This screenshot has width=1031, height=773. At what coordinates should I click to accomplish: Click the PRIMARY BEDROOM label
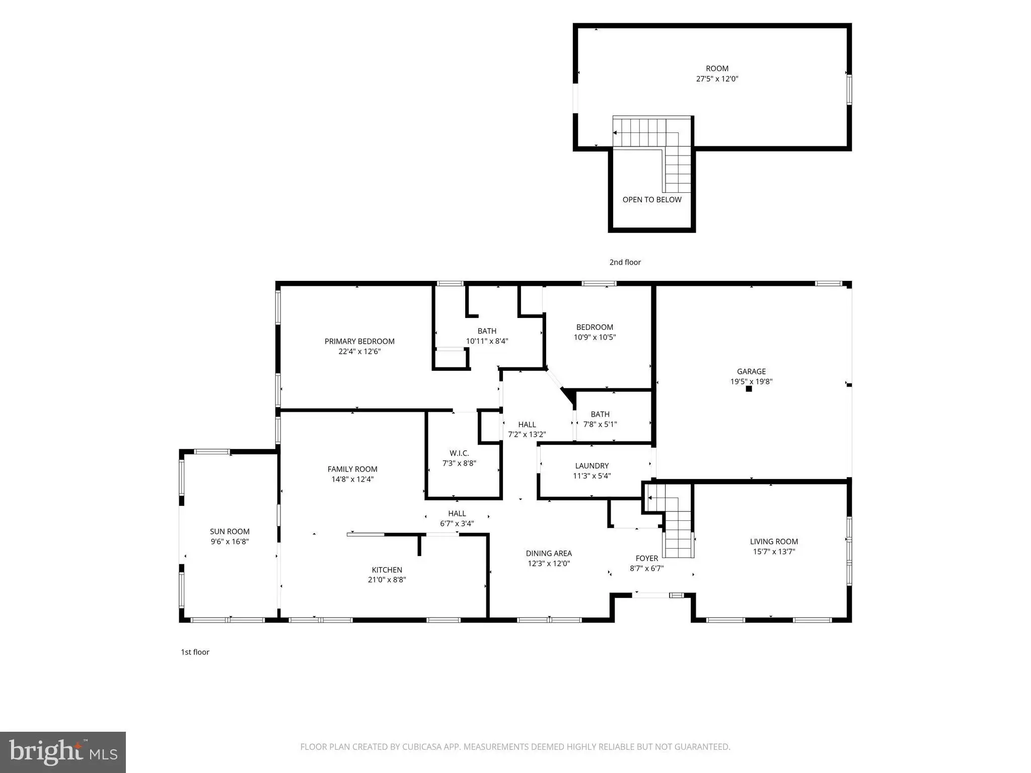359,341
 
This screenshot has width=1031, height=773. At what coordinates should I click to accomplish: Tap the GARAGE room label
751,371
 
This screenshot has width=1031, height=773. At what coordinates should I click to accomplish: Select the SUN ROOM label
230,531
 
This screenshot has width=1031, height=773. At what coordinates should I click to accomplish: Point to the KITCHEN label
387,570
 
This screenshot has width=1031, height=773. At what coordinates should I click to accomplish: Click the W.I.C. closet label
459,453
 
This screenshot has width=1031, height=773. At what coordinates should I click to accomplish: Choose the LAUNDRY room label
592,466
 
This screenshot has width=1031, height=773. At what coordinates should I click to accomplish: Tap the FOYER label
647,558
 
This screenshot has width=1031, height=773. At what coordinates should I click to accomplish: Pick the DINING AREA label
549,553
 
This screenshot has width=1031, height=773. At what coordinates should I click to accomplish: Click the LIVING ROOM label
774,542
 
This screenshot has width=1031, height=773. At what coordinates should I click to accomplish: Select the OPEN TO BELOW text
652,200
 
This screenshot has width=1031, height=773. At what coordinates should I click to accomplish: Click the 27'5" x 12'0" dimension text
717,79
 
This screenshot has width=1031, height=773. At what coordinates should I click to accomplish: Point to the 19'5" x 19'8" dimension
751,381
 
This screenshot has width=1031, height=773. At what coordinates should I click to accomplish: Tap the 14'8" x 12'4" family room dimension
352,479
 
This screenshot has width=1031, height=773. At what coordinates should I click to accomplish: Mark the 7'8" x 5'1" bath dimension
600,424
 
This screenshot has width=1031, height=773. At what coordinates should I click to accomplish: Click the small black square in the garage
749,389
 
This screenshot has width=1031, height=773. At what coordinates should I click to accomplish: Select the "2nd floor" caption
625,262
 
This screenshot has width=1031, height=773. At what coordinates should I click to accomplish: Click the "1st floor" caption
195,652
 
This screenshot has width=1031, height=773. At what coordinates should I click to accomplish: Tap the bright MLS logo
63,752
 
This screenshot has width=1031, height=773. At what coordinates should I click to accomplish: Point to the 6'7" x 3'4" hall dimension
457,523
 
